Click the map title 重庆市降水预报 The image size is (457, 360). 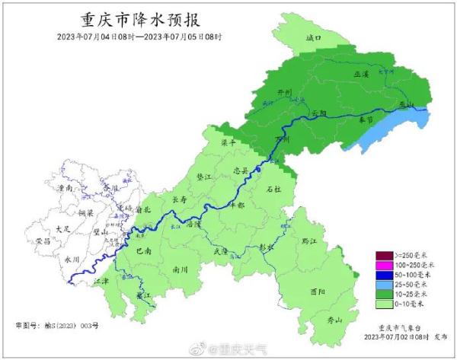pyautogui.click(x=144, y=18)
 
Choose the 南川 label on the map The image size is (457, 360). pyautogui.click(x=181, y=269)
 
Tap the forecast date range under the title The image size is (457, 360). pyautogui.click(x=144, y=37)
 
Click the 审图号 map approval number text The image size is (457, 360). pyautogui.click(x=57, y=325)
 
